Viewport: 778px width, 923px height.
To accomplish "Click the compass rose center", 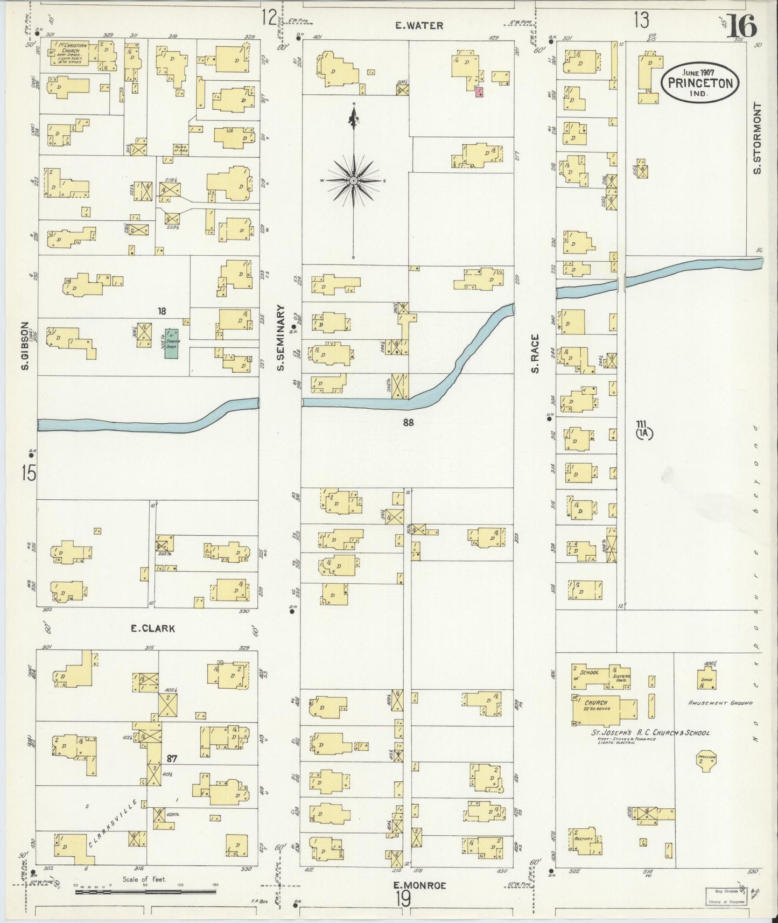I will [x=353, y=180].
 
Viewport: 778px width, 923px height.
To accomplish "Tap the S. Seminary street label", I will [x=281, y=338].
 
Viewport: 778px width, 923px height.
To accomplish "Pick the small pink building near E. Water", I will [x=479, y=92].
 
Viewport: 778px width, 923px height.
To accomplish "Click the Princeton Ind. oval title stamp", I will [x=700, y=82].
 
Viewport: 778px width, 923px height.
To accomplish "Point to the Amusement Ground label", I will [x=720, y=703].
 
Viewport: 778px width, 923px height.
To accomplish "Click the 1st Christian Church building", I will [x=69, y=54].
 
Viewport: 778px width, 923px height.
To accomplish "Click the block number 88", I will [x=408, y=423].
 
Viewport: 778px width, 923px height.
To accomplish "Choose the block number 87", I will [x=172, y=759].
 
